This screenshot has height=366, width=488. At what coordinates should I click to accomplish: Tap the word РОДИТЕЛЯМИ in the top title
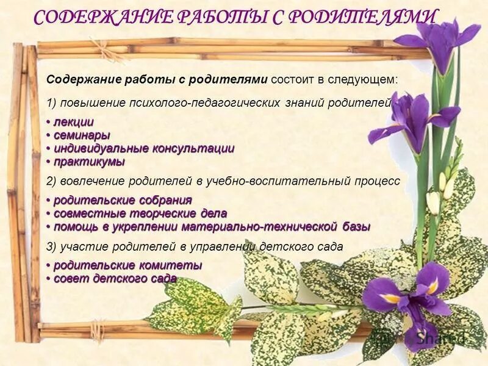[362, 18]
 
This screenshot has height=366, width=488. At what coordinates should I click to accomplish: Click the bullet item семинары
[82, 135]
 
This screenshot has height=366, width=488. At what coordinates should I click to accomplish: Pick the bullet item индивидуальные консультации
[144, 149]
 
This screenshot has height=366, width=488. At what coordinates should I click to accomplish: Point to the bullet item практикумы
[89, 162]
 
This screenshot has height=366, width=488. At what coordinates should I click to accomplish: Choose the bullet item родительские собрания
[123, 201]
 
